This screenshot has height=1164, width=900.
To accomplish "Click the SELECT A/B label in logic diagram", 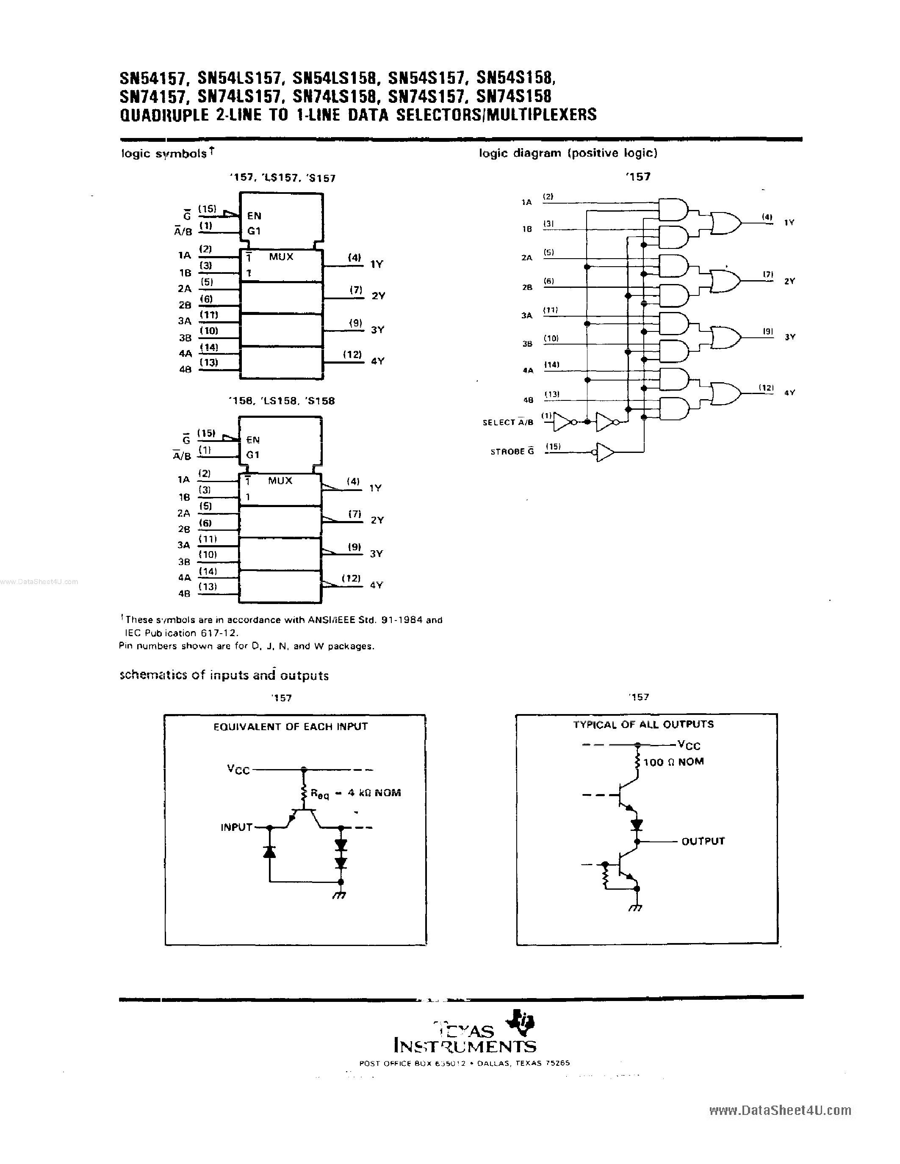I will [x=507, y=422].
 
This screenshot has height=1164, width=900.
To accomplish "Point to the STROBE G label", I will [x=512, y=452].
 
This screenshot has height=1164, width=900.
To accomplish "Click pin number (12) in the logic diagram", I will [x=766, y=387].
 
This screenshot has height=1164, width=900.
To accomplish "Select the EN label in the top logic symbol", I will [x=254, y=216].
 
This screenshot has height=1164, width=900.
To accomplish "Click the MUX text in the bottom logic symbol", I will [x=280, y=480].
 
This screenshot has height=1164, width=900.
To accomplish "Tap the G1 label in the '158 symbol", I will [x=253, y=455].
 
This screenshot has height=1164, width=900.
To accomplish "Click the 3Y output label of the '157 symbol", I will [x=377, y=330].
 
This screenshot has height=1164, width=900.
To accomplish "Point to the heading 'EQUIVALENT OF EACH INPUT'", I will [x=290, y=726].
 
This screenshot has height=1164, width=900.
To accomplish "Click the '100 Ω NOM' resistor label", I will [x=673, y=762].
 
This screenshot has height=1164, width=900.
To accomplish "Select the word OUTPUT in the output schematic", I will [x=703, y=841].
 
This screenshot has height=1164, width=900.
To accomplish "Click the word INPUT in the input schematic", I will [x=236, y=827].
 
